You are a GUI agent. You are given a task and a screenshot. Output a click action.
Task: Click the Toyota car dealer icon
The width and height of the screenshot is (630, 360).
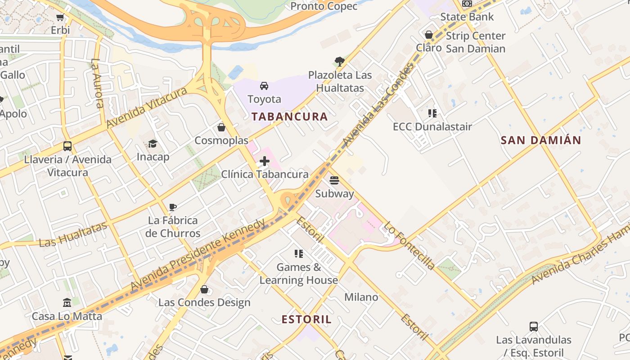click(x=264, y=85)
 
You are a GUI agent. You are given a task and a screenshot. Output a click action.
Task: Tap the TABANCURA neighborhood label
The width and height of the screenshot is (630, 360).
click(x=289, y=117)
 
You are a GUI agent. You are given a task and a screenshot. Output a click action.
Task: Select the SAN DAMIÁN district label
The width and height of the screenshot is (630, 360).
click(x=541, y=140)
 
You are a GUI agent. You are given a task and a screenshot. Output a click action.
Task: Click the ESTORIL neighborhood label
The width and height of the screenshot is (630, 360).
click(x=306, y=319)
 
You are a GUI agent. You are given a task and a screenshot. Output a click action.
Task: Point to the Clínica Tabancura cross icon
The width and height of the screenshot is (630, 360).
click(x=265, y=161)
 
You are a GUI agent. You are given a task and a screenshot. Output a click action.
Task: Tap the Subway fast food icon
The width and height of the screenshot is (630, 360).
click(x=334, y=180)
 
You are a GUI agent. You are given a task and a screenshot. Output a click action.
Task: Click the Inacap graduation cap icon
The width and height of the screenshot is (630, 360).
click(x=153, y=144)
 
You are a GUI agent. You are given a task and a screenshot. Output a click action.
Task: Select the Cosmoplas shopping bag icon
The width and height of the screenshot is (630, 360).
click(x=221, y=127)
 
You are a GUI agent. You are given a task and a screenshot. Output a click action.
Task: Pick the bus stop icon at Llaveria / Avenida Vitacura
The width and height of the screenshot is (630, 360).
click(x=67, y=146)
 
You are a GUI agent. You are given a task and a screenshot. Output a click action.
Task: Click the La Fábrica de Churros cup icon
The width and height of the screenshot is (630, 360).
click(x=173, y=207)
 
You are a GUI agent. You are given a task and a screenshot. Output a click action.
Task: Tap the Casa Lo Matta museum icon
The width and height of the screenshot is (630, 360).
click(x=67, y=303)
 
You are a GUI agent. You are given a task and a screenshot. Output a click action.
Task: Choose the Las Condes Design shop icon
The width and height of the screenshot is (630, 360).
click(x=204, y=289)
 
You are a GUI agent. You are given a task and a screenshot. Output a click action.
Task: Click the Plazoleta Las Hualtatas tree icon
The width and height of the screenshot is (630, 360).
click(x=340, y=61)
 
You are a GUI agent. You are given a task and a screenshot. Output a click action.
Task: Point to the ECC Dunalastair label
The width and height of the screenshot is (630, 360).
click(x=432, y=126)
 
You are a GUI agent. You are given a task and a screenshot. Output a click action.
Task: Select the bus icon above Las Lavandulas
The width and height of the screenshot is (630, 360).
click(x=534, y=326)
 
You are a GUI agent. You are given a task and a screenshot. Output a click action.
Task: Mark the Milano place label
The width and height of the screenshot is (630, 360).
click(x=361, y=297)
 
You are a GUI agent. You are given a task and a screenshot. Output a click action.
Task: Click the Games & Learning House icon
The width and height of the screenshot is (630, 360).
click(x=298, y=254)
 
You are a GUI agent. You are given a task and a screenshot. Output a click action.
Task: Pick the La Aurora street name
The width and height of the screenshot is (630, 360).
click(x=98, y=83)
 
